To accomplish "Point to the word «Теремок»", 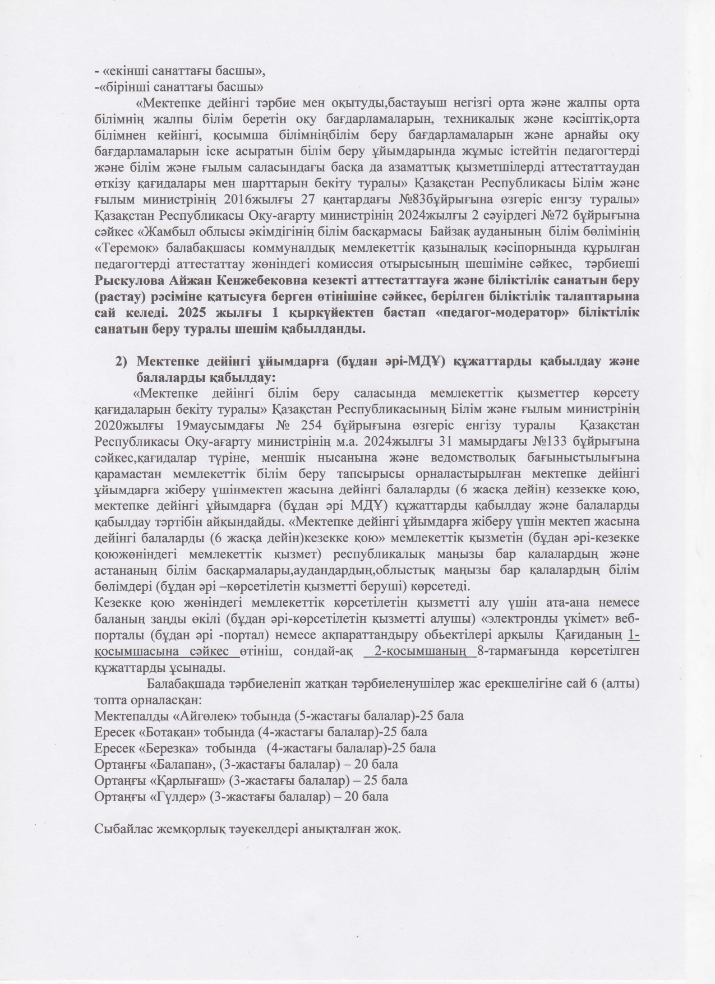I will click(x=121, y=248).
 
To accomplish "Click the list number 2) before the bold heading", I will click(x=123, y=361).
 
